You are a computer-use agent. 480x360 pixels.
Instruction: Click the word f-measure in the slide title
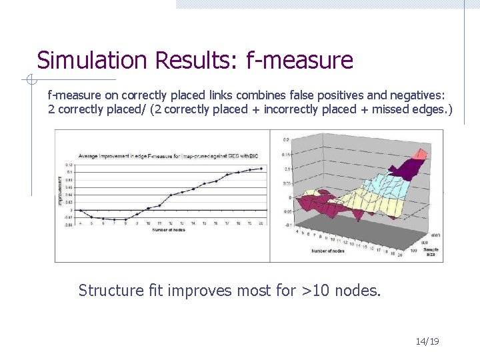tap(299, 61)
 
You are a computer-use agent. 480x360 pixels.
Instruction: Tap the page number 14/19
tap(427, 342)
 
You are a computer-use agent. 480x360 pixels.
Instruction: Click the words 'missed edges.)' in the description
tap(414, 109)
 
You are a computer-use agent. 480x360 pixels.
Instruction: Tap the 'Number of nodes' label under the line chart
tap(168, 229)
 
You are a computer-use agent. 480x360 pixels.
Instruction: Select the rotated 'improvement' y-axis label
tap(60, 190)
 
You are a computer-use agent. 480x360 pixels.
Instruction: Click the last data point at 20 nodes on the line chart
tap(261, 169)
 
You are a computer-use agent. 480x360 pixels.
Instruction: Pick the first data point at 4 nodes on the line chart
tap(80, 211)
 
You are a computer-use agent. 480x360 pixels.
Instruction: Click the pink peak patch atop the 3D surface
tap(421, 155)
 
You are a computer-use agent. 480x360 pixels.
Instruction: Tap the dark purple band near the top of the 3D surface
tap(403, 170)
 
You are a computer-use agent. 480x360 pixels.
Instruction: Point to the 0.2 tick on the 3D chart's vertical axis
tap(286, 140)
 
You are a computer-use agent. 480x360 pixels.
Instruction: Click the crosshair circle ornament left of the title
tap(29, 81)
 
